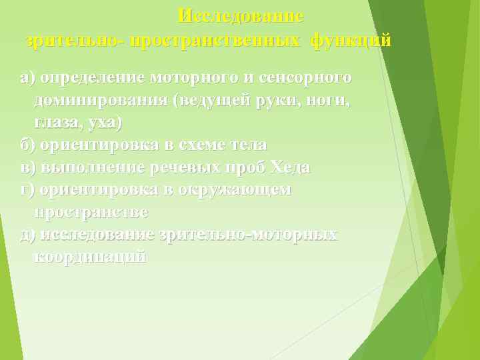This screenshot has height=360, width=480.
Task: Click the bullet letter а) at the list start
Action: point(27,78)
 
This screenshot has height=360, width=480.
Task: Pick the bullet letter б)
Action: point(28,145)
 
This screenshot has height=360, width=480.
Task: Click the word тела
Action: point(246,145)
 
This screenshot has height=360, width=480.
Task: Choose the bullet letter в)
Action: point(27,167)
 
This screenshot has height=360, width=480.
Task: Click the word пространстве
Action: point(91,212)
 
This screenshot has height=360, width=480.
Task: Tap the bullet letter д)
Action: point(28,234)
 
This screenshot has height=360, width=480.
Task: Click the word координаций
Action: point(89,257)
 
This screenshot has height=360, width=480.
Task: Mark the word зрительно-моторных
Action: point(248,234)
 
